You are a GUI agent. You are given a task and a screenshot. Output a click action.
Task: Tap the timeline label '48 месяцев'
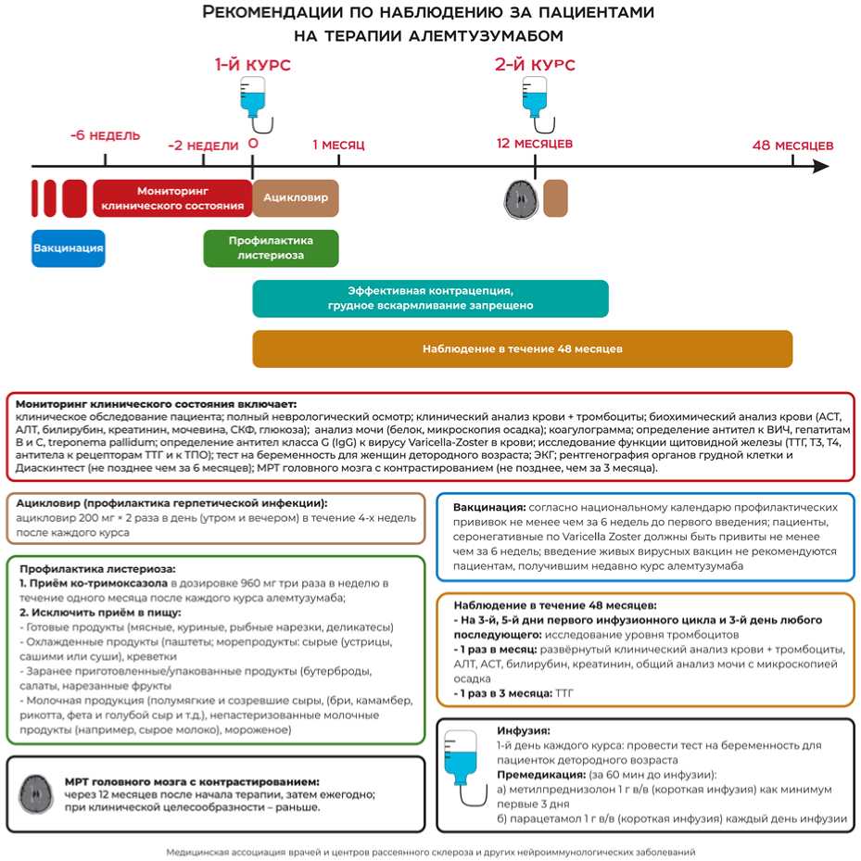(x=791, y=145)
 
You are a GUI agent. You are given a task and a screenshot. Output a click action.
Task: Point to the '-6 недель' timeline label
(x=105, y=135)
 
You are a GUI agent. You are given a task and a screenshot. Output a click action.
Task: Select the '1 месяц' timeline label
(x=338, y=145)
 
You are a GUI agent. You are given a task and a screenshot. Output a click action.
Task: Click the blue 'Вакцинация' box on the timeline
(x=68, y=248)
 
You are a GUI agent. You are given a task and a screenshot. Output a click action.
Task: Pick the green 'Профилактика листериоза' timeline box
(x=271, y=247)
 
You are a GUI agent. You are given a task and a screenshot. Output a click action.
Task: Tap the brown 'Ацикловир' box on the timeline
(x=296, y=197)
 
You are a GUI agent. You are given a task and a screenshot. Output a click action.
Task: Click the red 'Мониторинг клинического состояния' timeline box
(x=172, y=197)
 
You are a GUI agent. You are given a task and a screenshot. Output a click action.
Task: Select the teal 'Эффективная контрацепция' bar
(x=430, y=298)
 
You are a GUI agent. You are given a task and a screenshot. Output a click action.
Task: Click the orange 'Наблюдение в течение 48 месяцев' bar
(x=522, y=348)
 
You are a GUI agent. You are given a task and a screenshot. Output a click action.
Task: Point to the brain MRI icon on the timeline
(x=520, y=197)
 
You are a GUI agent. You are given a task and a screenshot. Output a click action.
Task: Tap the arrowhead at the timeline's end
(x=820, y=166)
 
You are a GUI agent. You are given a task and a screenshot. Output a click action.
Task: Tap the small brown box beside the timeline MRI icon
(x=555, y=197)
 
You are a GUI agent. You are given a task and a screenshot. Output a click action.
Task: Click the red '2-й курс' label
(x=534, y=65)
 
